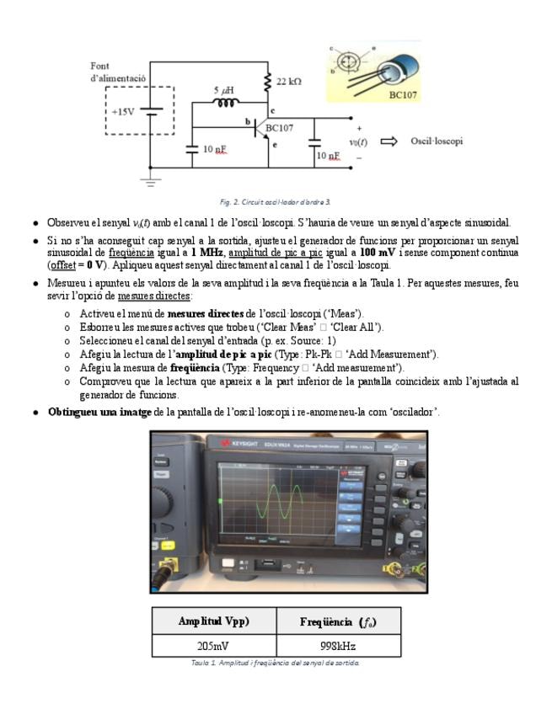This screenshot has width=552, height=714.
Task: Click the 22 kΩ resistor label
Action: tap(288, 82)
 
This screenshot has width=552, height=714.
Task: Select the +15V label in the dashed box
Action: tap(123, 111)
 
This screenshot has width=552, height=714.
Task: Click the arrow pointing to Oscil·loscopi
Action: tap(389, 141)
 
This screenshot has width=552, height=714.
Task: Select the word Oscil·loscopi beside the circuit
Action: tap(436, 141)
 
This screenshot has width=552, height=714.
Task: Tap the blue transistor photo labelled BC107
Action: tap(396, 77)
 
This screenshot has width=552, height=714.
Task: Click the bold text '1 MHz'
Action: tap(206, 253)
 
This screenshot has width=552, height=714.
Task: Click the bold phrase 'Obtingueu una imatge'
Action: tap(99, 412)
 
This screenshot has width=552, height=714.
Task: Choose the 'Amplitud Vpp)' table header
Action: tap(214, 621)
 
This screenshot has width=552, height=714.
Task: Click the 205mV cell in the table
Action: tap(214, 646)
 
